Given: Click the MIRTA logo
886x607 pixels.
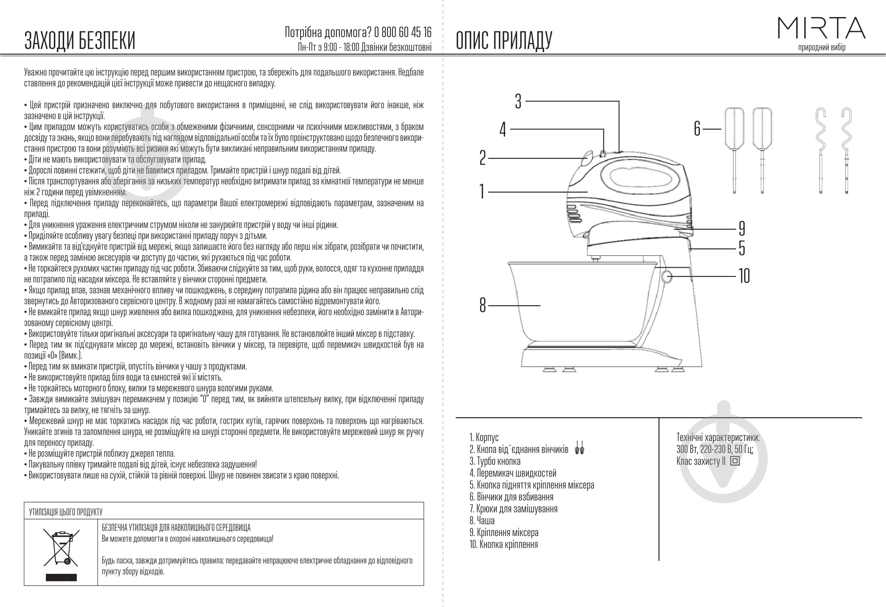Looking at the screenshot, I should point(821,28).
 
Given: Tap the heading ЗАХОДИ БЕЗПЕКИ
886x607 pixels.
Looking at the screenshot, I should point(80,40).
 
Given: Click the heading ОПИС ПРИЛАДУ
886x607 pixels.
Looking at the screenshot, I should point(504,40).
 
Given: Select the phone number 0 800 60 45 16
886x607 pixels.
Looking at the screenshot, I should point(403,32).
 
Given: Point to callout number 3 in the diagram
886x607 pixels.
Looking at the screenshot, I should point(518,102).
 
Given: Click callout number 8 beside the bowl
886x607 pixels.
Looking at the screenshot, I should point(483,305).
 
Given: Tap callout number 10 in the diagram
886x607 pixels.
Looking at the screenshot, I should point(744,276).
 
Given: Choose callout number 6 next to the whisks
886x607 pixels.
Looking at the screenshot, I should point(697,129).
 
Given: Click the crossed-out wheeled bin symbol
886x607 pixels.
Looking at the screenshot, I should point(61,548).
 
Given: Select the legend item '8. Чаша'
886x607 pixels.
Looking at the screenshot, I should point(482,520).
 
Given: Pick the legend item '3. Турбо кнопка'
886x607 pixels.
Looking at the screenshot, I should point(495,461).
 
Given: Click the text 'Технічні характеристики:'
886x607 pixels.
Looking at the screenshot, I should point(718,437).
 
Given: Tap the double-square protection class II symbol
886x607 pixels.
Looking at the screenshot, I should point(735,461).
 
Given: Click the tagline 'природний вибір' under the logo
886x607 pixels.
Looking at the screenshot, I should point(821,47).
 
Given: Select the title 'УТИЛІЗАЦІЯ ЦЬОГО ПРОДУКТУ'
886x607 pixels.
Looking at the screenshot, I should point(66,512).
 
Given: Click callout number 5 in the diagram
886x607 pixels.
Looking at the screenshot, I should point(742,248).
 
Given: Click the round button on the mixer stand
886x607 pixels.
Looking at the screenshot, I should point(667,276).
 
